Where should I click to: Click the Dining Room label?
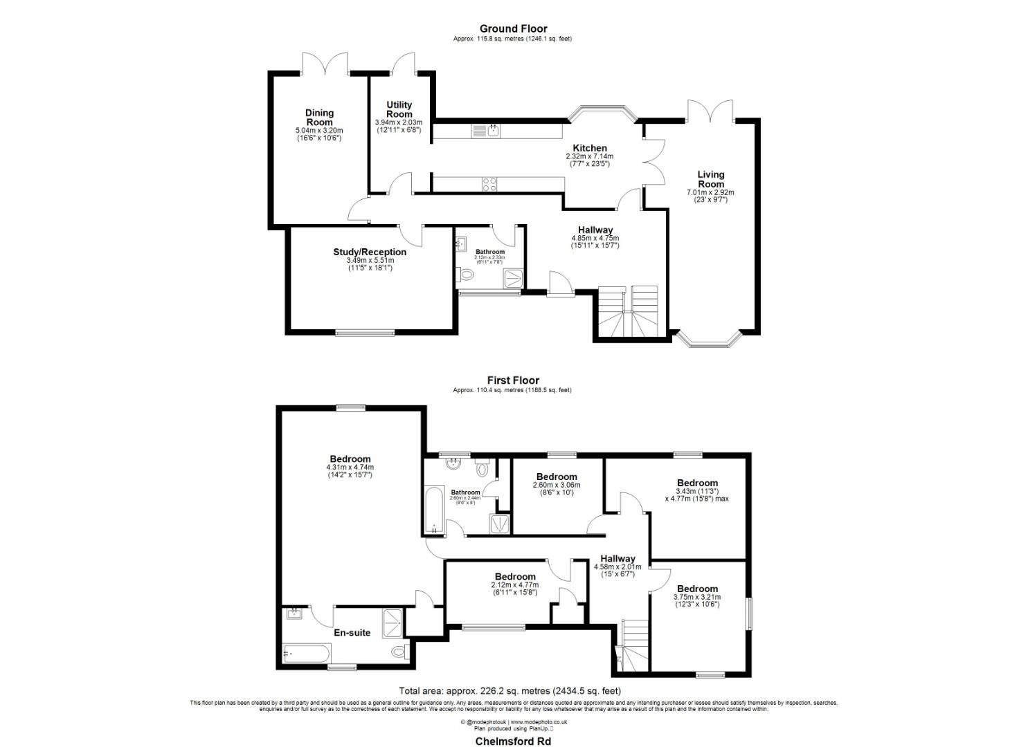coord(319,117)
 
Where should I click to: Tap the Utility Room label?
coord(399,109)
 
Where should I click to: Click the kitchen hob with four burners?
coord(489,184)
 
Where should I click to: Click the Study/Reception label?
coord(370,252)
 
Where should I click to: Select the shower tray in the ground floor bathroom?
coord(513,279)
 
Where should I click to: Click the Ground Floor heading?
coord(513,28)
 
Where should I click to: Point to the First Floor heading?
coord(513,380)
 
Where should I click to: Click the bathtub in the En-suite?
coord(307,652)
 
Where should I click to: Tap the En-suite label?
coord(352,632)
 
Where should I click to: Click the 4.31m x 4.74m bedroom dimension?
coord(350,467)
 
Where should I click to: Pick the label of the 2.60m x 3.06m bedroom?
coord(557,477)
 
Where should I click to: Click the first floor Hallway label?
coord(617,558)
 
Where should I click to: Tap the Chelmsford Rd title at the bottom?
coord(513,741)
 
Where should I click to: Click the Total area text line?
coord(510,690)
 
